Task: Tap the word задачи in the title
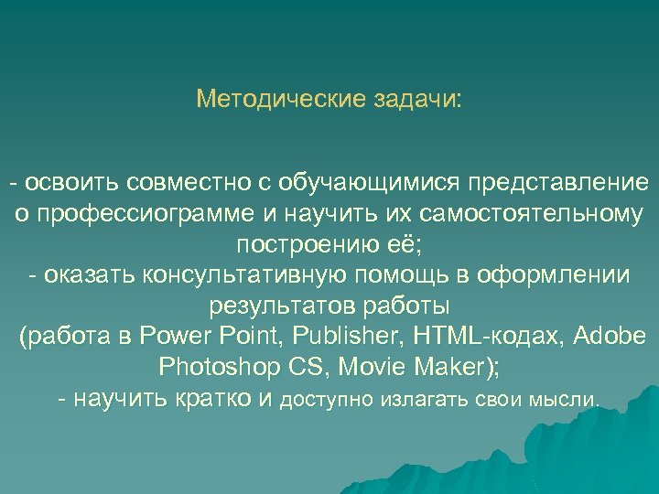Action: coord(417,98)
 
